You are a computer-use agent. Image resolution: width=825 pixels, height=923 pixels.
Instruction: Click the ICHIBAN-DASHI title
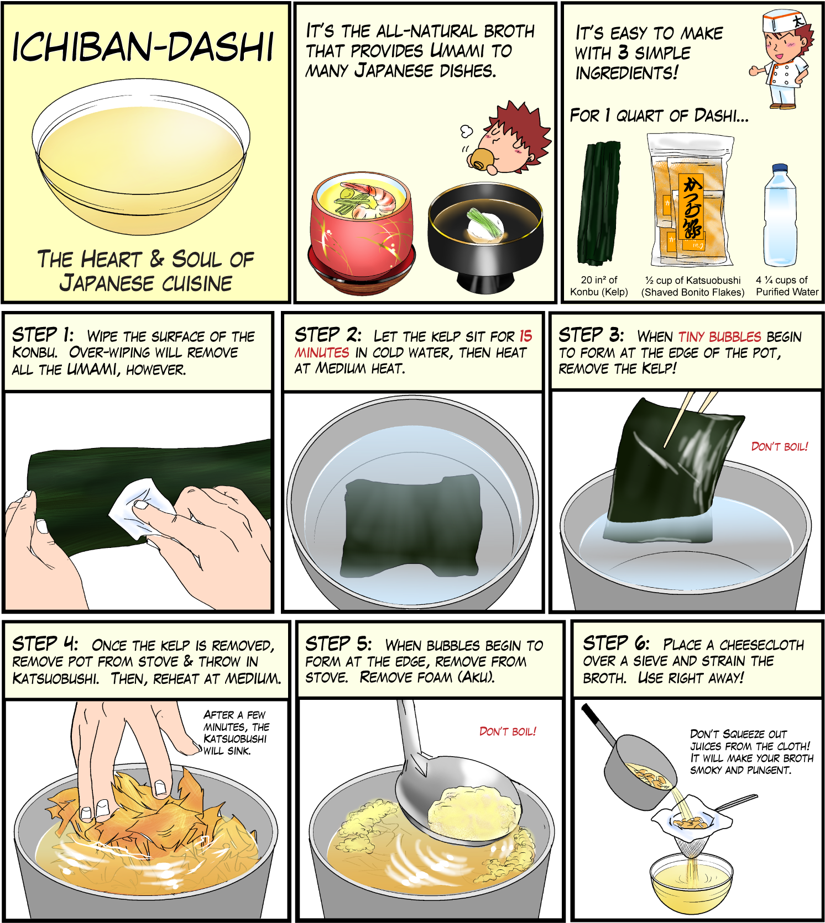coord(143,46)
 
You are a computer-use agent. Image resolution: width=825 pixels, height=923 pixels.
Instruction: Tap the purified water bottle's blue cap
coord(780,168)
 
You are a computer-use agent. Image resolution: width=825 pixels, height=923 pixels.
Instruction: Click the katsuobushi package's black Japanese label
coord(691,207)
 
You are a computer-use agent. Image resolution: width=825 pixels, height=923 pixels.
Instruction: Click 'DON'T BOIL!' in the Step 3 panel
coord(779,446)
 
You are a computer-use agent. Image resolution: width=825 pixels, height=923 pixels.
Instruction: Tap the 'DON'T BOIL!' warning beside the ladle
coord(507,731)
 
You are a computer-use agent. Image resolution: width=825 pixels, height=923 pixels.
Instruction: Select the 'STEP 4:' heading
coord(45,644)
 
